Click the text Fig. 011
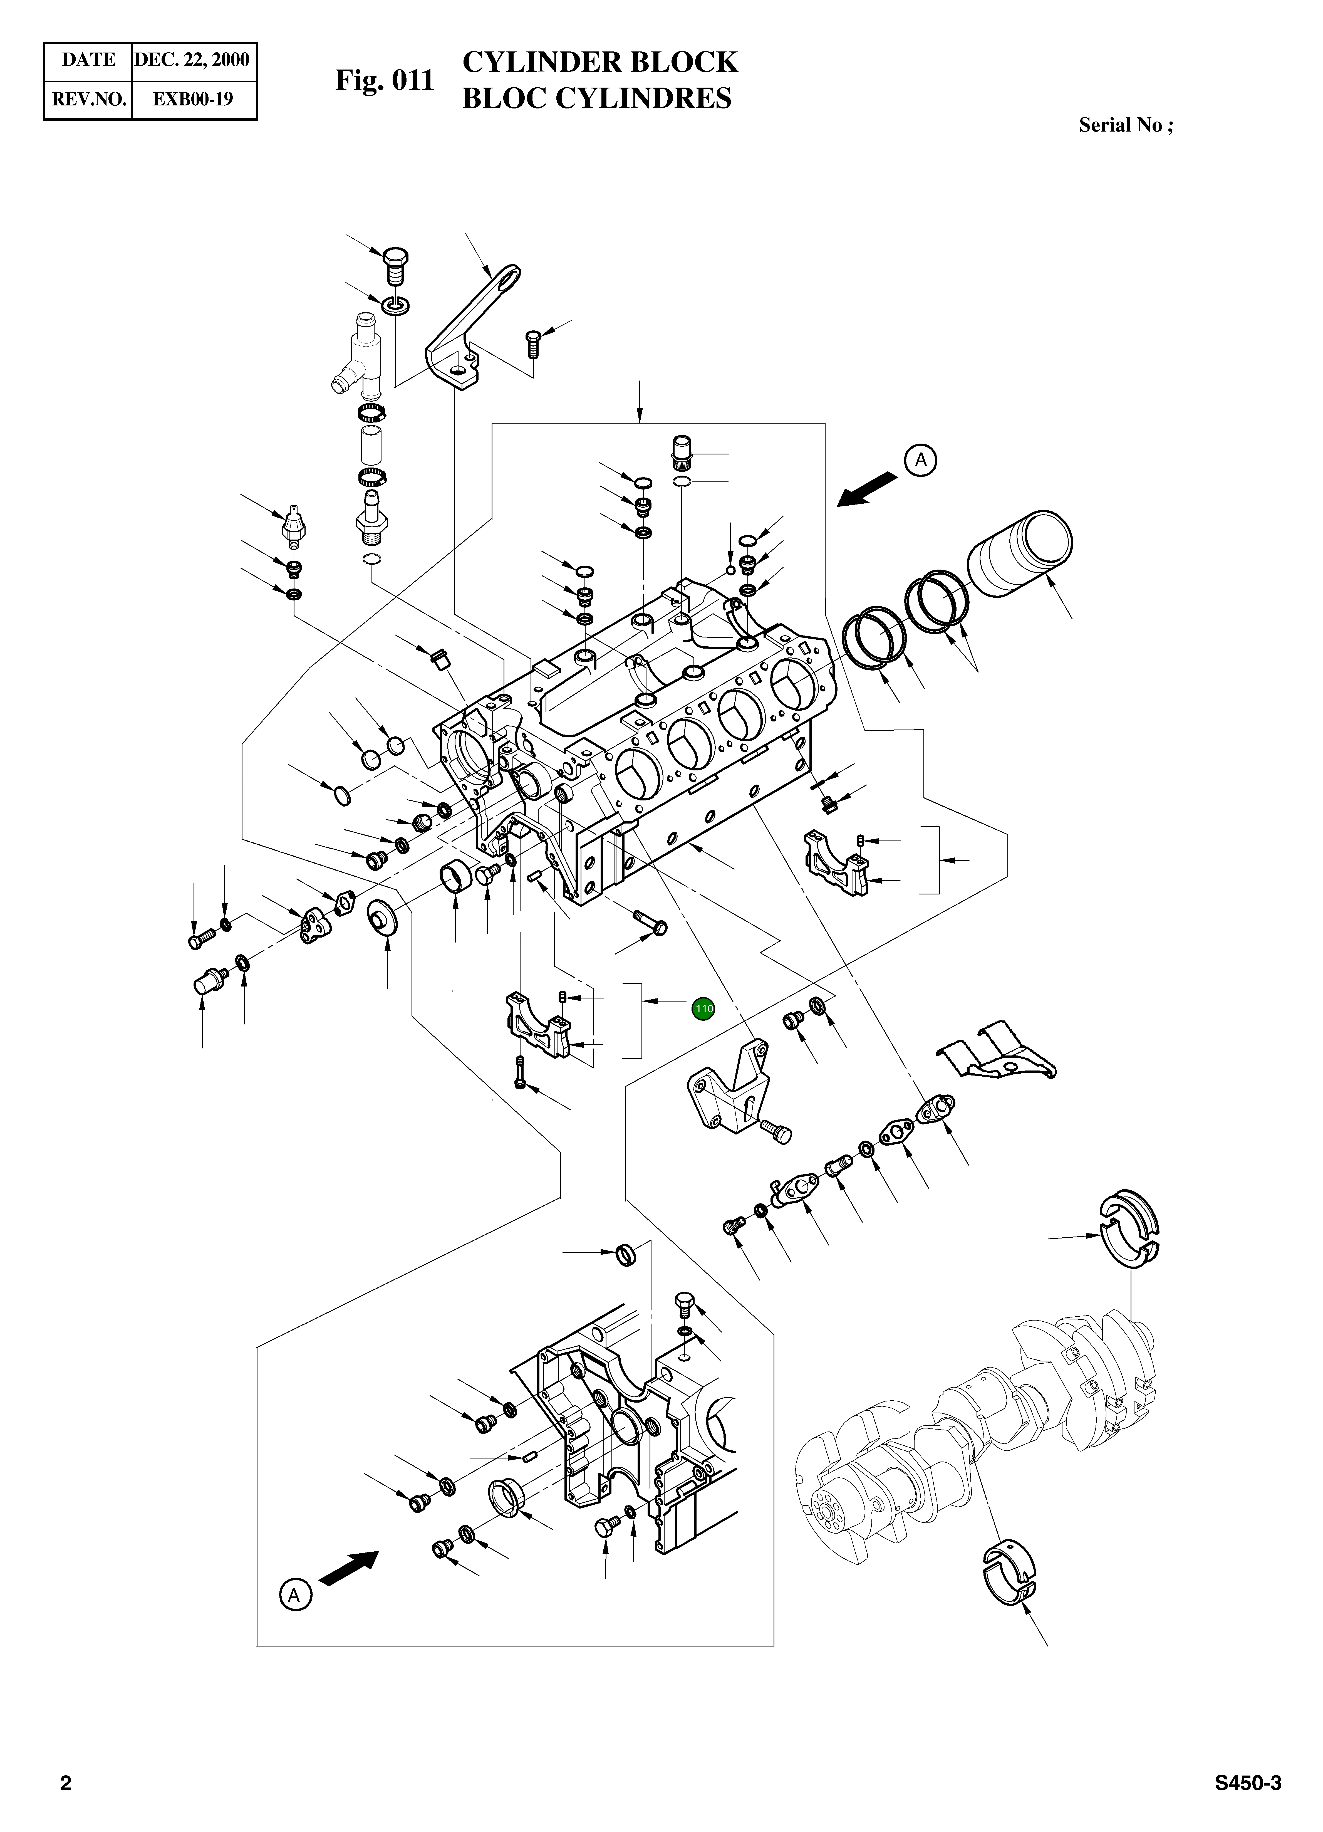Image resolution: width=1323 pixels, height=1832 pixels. (385, 80)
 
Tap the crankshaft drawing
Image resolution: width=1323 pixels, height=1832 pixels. (969, 1446)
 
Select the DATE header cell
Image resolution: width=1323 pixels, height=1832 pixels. (88, 59)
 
